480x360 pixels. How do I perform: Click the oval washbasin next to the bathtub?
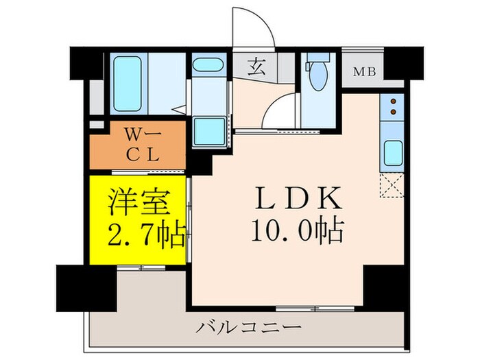click(x=208, y=66)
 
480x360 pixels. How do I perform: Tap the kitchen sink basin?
click(x=393, y=152)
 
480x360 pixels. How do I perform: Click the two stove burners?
click(x=393, y=105)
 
